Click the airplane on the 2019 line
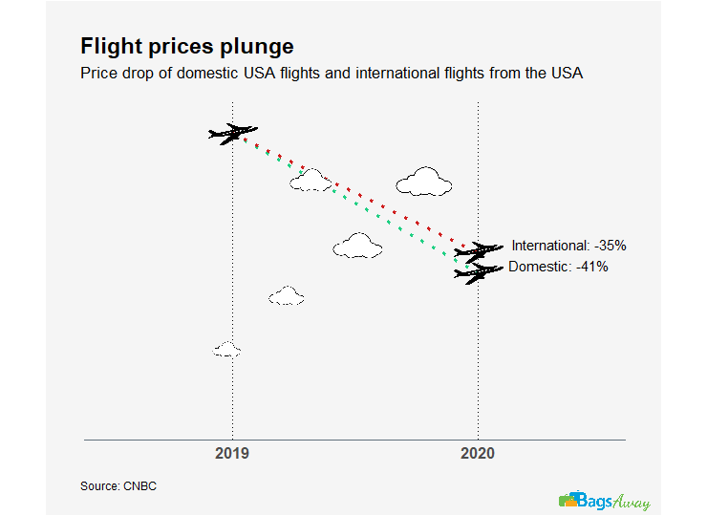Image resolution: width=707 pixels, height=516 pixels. [232, 133]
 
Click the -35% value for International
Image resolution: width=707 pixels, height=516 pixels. [607, 246]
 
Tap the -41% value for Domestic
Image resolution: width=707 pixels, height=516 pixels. [590, 267]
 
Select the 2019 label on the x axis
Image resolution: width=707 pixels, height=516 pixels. [232, 453]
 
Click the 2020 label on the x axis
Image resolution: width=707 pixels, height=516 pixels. [477, 453]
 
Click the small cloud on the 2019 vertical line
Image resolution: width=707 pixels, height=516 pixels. [226, 350]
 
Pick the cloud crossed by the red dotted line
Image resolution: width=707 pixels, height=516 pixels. [311, 180]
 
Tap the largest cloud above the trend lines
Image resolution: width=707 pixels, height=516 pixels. [423, 181]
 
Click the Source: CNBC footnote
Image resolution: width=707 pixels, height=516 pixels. [118, 486]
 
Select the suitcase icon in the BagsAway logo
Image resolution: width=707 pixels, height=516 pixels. [569, 500]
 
